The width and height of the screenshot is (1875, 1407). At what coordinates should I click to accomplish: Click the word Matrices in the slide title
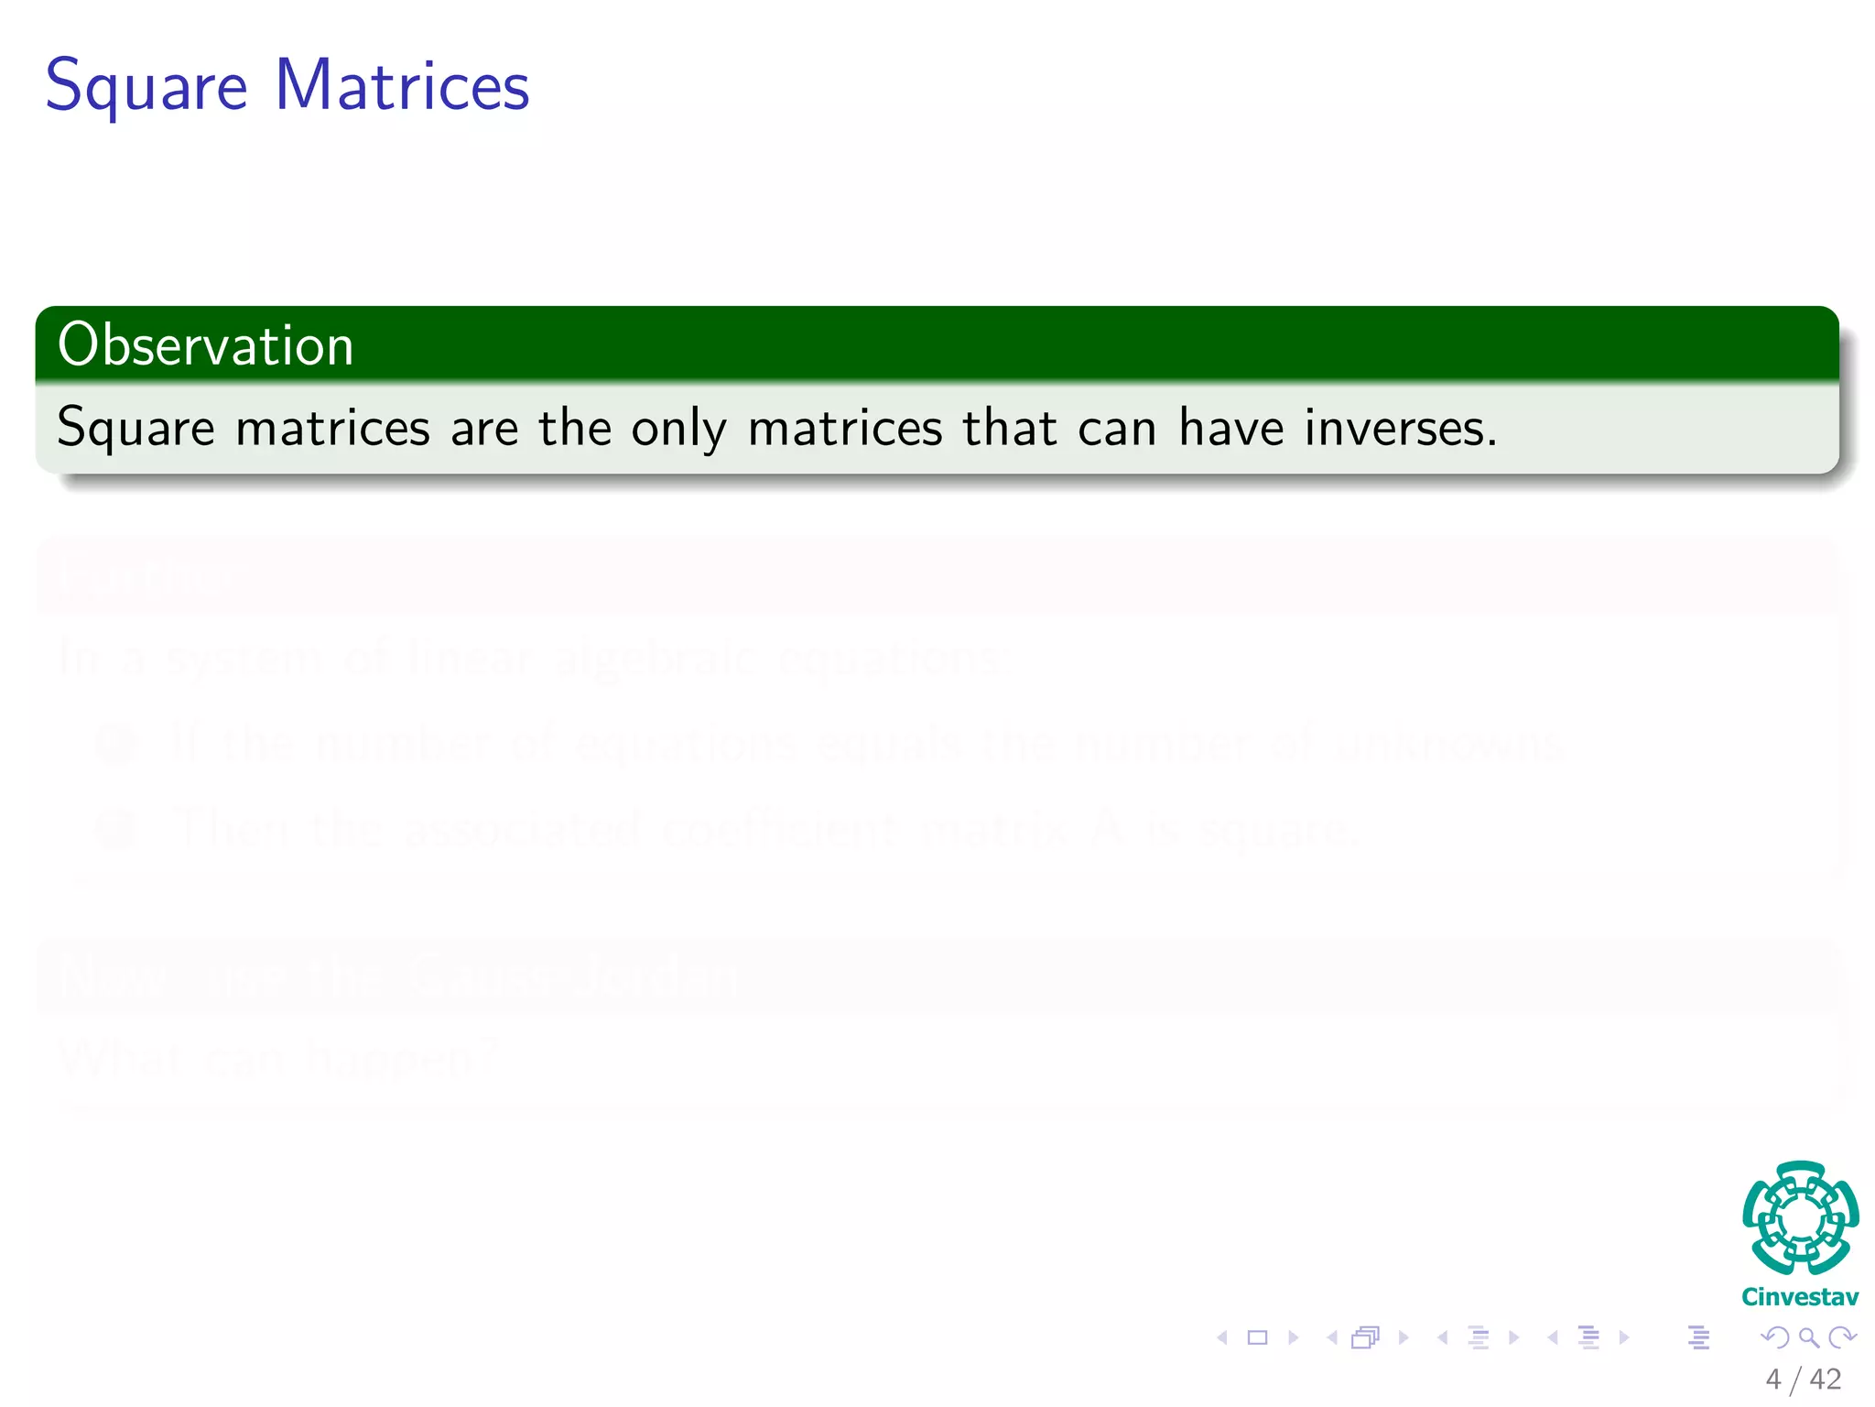(x=402, y=85)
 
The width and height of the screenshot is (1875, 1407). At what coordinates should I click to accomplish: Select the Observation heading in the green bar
(x=205, y=345)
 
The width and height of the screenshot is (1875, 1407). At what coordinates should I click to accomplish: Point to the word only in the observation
(x=678, y=428)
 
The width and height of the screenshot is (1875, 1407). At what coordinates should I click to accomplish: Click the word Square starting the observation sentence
(x=135, y=428)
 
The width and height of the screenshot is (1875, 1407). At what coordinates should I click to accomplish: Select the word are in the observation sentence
(x=484, y=428)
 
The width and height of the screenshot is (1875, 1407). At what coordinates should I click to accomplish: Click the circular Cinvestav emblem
(x=1800, y=1218)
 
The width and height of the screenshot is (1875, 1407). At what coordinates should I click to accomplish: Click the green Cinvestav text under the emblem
(x=1800, y=1297)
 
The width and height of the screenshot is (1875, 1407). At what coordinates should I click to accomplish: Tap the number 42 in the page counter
(x=1826, y=1380)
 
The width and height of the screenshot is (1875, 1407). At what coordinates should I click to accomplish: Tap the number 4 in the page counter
(x=1773, y=1380)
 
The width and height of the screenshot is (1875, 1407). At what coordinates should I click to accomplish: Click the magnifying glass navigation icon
(x=1808, y=1338)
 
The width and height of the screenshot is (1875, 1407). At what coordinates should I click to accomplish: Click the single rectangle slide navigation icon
(x=1258, y=1338)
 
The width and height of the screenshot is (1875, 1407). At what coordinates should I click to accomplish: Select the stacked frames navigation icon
(x=1365, y=1338)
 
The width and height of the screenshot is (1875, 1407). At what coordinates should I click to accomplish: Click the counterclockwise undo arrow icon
(x=1775, y=1338)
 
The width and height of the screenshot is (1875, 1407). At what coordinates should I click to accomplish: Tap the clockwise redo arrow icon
(x=1842, y=1338)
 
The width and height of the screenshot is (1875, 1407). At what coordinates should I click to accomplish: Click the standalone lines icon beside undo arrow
(x=1699, y=1338)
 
